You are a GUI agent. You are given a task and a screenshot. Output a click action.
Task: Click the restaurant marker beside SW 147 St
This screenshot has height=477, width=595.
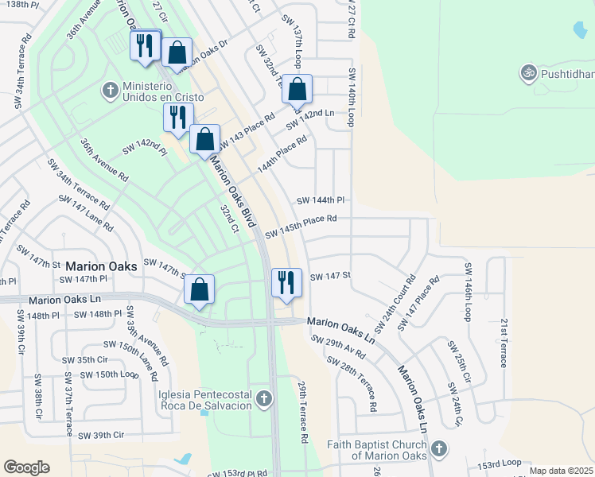pos(285,282)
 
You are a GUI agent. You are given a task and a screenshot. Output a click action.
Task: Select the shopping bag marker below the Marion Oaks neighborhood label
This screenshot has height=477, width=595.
pos(200,289)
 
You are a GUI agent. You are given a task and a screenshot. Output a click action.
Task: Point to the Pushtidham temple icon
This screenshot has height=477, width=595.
pos(527,73)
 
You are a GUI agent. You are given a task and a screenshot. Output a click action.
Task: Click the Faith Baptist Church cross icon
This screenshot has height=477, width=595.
pos(437,450)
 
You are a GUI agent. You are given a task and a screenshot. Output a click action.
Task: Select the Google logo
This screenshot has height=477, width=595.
pos(26,467)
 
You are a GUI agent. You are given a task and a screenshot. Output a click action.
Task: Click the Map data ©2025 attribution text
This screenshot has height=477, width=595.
pos(561,471)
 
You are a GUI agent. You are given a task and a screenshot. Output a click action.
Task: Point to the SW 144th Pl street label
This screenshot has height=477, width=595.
pos(320,201)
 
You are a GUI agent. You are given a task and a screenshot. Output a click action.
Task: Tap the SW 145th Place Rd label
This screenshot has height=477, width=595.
pos(301,225)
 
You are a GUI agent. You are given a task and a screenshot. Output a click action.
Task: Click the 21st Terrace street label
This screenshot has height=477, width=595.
pos(504,343)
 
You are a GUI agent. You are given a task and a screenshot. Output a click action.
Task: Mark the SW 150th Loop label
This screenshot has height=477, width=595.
pos(109,374)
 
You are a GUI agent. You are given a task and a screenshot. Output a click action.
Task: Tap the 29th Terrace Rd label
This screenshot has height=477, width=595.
pos(303,410)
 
